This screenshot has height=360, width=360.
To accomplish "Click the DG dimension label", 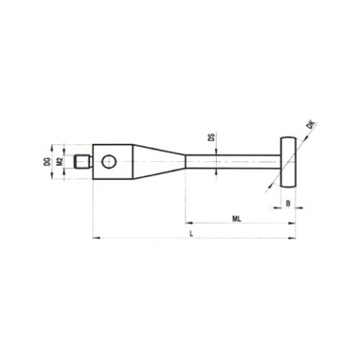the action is point(47,162).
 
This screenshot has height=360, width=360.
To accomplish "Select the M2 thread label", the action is point(59,162).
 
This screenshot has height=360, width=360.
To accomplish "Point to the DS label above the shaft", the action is point(212,137).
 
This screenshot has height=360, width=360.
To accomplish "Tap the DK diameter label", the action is point(312,124).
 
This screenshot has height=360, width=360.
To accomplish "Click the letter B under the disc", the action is point(288,204).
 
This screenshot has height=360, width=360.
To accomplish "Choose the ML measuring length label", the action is point(237,219).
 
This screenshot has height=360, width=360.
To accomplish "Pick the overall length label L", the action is point(190,234).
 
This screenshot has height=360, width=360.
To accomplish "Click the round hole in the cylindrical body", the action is point(109,162).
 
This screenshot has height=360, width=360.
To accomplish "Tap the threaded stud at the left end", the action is point(83,162).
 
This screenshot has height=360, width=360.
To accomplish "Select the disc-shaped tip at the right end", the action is point(288,162).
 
